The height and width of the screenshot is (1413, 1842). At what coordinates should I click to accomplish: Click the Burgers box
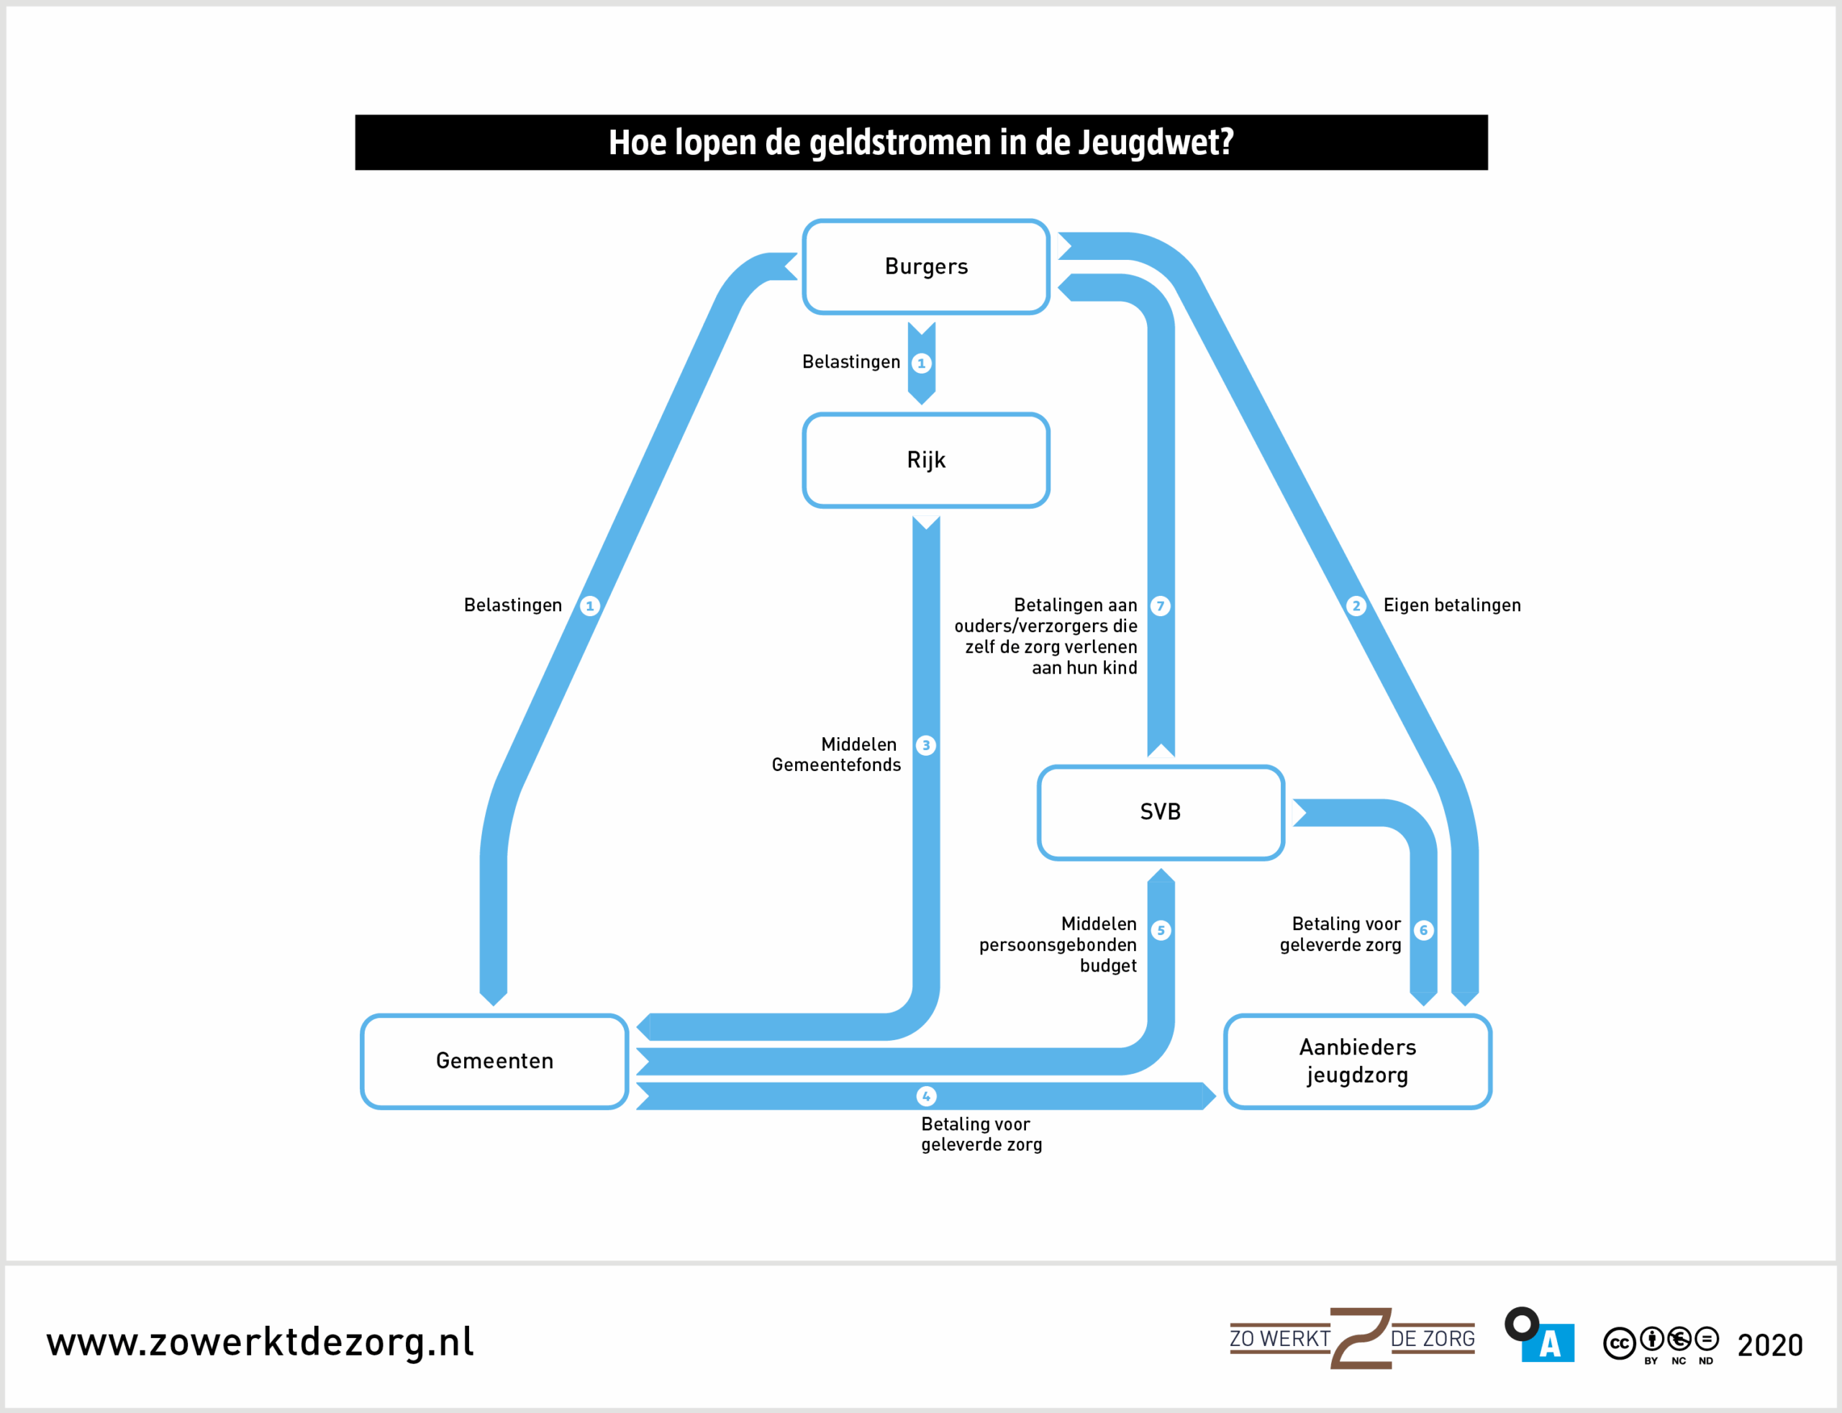point(925,266)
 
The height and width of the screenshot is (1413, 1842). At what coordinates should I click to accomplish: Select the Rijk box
point(925,460)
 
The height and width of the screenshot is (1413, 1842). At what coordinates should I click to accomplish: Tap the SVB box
point(1160,813)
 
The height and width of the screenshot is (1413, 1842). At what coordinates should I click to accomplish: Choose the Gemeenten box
point(494,1062)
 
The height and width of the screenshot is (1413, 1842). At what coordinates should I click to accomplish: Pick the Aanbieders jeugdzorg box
point(1357,1062)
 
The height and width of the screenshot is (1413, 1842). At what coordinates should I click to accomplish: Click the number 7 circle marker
point(1160,605)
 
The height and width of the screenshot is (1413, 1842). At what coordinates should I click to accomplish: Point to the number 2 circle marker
point(1355,605)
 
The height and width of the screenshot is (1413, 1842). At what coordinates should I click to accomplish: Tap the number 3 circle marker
point(925,745)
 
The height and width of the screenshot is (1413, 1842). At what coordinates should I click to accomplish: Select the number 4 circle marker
point(925,1096)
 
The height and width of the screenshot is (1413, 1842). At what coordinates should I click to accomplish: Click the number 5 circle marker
point(1160,930)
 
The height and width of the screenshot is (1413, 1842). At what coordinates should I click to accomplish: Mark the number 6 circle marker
point(1423,930)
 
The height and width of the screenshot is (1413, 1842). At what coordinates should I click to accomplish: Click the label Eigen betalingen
point(1452,605)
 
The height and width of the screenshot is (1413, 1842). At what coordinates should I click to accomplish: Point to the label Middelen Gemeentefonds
point(837,754)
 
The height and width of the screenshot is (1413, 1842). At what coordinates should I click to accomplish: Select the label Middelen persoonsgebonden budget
point(1058,944)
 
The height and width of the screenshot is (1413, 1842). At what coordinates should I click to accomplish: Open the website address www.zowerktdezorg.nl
point(260,1342)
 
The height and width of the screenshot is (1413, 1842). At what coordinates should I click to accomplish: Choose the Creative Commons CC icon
point(1618,1343)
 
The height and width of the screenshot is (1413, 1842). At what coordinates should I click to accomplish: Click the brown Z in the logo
point(1360,1338)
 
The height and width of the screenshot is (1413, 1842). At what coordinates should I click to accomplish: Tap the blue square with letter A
point(1548,1343)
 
